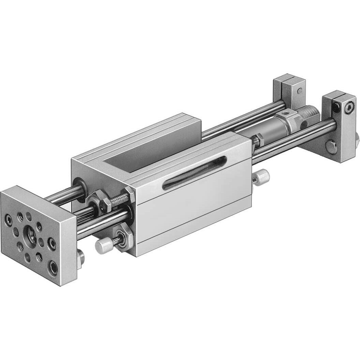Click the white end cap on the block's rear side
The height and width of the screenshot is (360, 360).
pyautogui.click(x=262, y=176)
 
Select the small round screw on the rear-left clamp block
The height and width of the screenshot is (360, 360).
pyautogui.click(x=299, y=91)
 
